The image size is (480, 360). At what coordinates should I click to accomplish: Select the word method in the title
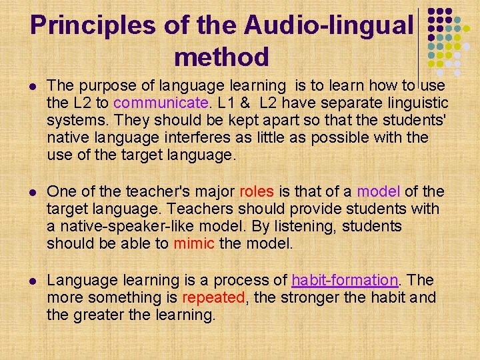click(221, 57)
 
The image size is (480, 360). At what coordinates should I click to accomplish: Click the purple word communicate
click(161, 103)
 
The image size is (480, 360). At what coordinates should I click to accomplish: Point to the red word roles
click(256, 191)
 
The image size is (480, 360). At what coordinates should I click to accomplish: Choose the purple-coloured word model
click(379, 191)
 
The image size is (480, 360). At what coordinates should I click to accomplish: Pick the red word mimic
click(193, 243)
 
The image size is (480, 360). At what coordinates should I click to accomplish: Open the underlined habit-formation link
click(345, 280)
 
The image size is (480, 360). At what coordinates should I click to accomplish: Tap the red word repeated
click(213, 297)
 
